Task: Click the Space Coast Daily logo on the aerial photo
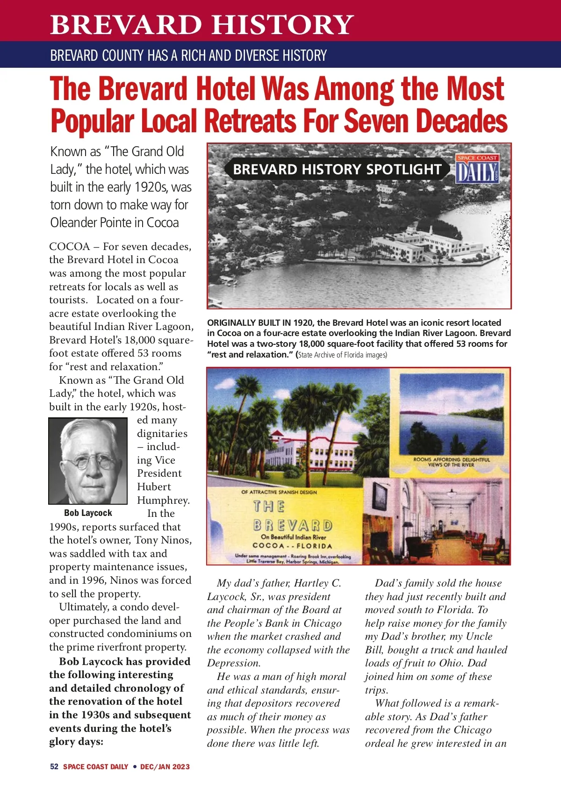coord(477,169)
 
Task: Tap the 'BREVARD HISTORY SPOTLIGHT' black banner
coord(337,169)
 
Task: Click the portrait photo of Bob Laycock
coord(88,461)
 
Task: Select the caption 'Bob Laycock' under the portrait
coord(88,513)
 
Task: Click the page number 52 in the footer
coord(54,766)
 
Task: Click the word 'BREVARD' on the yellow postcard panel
coord(293,525)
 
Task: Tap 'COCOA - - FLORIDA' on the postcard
coord(292,546)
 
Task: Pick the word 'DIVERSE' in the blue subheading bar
coord(263,56)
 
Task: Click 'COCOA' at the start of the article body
coord(69,246)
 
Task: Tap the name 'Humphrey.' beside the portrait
coord(163,500)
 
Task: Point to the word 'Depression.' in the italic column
coord(234,663)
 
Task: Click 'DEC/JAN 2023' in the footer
coord(165,766)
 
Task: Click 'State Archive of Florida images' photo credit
coord(343,355)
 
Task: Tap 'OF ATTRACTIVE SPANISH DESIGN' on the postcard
coord(279,492)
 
